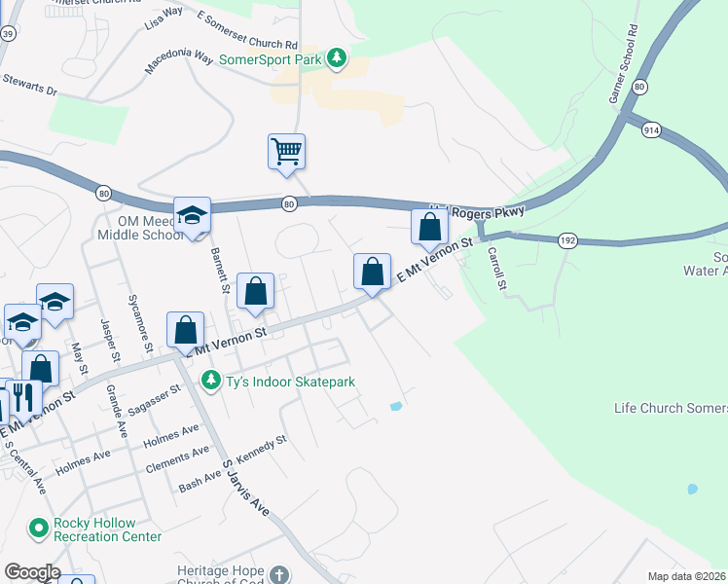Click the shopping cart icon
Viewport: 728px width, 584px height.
tap(287, 152)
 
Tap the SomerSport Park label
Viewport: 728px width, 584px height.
tap(272, 58)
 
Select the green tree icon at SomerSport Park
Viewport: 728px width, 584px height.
tap(336, 58)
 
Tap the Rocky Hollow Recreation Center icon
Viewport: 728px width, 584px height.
tap(39, 529)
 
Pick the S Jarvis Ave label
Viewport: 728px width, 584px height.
tap(244, 488)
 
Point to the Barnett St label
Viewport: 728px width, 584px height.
tap(219, 270)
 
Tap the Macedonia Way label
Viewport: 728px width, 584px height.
tap(179, 59)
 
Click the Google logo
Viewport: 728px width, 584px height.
tap(32, 572)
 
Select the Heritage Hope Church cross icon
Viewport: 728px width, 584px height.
tap(279, 574)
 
